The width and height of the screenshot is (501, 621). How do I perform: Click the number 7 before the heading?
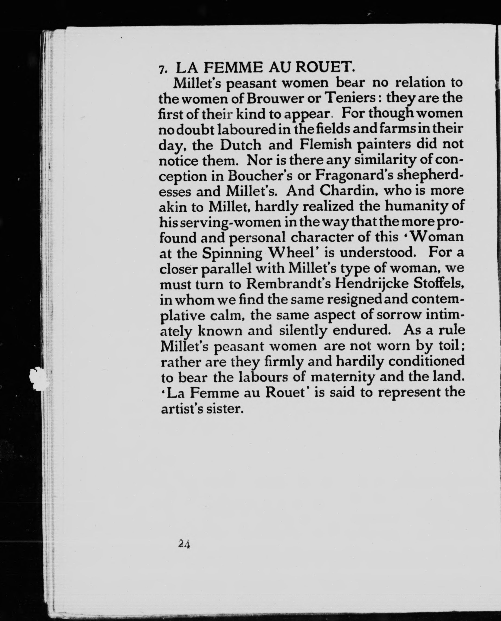[x=162, y=69]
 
